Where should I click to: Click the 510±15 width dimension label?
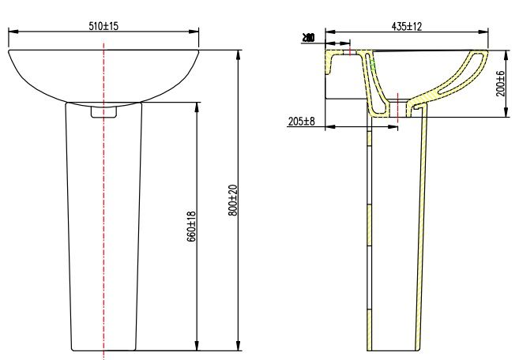104,25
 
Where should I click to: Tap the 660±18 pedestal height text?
190,227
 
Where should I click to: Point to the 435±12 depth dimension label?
407,25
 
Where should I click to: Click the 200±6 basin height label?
500,84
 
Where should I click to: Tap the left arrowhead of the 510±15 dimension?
11,32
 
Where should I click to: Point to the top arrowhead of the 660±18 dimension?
197,104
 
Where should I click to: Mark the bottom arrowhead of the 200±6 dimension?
506,115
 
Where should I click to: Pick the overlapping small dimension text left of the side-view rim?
308,37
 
